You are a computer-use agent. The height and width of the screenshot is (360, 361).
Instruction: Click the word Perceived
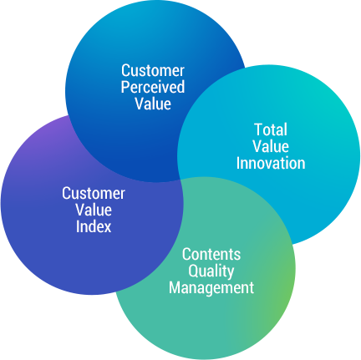tap(153, 87)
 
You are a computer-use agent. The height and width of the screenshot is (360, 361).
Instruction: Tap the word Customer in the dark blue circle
tap(153, 71)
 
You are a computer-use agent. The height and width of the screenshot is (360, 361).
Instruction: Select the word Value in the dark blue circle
tap(153, 104)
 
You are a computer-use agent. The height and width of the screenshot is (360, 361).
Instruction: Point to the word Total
tap(271, 129)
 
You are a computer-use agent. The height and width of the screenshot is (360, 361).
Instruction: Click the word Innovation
tap(271, 163)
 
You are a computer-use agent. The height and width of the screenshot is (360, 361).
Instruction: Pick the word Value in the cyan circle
tap(271, 146)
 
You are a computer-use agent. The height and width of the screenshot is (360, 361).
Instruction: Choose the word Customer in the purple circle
tap(94, 193)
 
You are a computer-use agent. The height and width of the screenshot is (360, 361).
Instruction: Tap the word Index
tap(94, 226)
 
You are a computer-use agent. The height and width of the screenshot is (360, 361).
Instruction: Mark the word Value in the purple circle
tap(94, 210)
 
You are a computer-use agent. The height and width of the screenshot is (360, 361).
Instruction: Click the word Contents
tap(211, 254)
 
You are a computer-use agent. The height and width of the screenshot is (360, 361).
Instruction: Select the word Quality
tap(211, 271)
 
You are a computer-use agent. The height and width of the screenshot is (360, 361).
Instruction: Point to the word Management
tap(211, 288)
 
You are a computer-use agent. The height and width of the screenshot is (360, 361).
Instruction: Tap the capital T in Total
tap(258, 129)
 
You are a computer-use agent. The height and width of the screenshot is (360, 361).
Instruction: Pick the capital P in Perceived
tap(125, 87)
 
